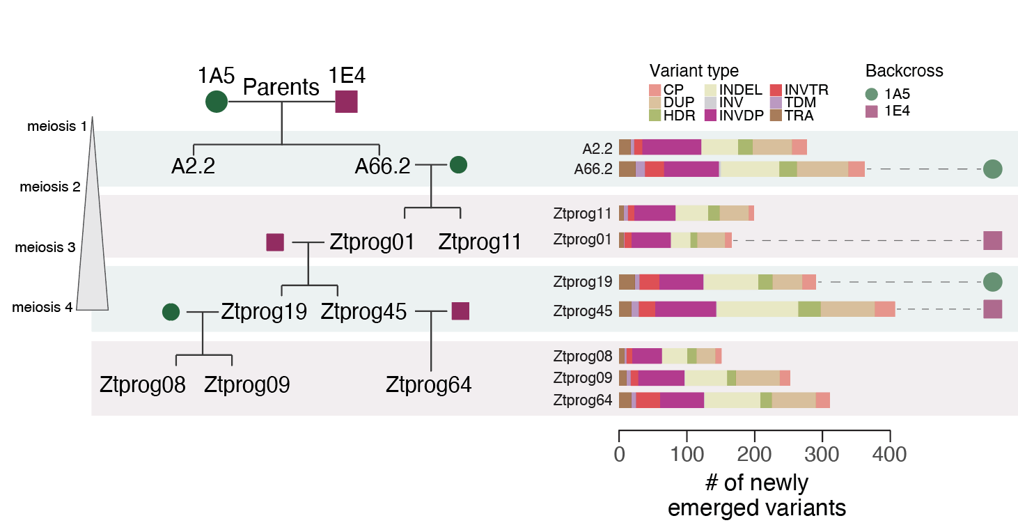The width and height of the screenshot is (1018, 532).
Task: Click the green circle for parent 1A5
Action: pyautogui.click(x=217, y=102)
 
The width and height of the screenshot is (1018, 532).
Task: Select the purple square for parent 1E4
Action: pyautogui.click(x=346, y=102)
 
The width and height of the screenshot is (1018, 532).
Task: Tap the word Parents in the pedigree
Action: pyautogui.click(x=281, y=88)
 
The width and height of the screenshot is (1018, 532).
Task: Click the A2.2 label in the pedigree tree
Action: pyautogui.click(x=193, y=166)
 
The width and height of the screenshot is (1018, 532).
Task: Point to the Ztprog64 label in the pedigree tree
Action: pyautogui.click(x=428, y=384)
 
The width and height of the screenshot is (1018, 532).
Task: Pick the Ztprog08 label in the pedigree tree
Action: pyautogui.click(x=143, y=384)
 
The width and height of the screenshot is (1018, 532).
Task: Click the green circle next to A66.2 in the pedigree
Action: pyautogui.click(x=458, y=165)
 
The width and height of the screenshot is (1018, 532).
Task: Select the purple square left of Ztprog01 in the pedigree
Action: pyautogui.click(x=275, y=242)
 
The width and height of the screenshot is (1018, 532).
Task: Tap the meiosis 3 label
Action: pyautogui.click(x=45, y=248)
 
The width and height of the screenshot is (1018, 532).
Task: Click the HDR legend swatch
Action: pyautogui.click(x=655, y=116)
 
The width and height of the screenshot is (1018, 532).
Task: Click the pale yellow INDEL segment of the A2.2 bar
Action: pyautogui.click(x=719, y=147)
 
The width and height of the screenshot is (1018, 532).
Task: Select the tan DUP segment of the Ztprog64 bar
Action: pyautogui.click(x=794, y=400)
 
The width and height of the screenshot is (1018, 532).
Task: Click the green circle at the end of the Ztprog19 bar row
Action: pyautogui.click(x=992, y=282)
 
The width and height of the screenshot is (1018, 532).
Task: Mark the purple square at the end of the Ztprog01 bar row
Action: pyautogui.click(x=992, y=240)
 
